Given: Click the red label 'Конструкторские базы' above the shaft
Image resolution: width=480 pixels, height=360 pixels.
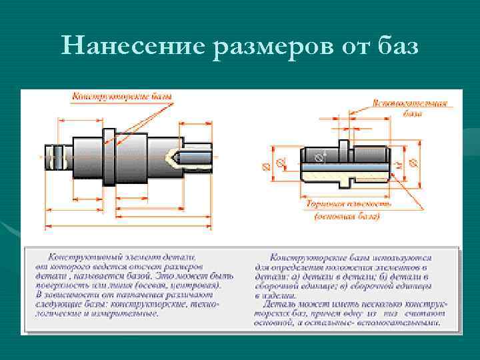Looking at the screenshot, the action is [122, 97].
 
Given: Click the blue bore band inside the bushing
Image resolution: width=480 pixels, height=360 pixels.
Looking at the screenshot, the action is [347, 159].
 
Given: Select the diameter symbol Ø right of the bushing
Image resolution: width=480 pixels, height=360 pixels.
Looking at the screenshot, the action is [411, 162].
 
